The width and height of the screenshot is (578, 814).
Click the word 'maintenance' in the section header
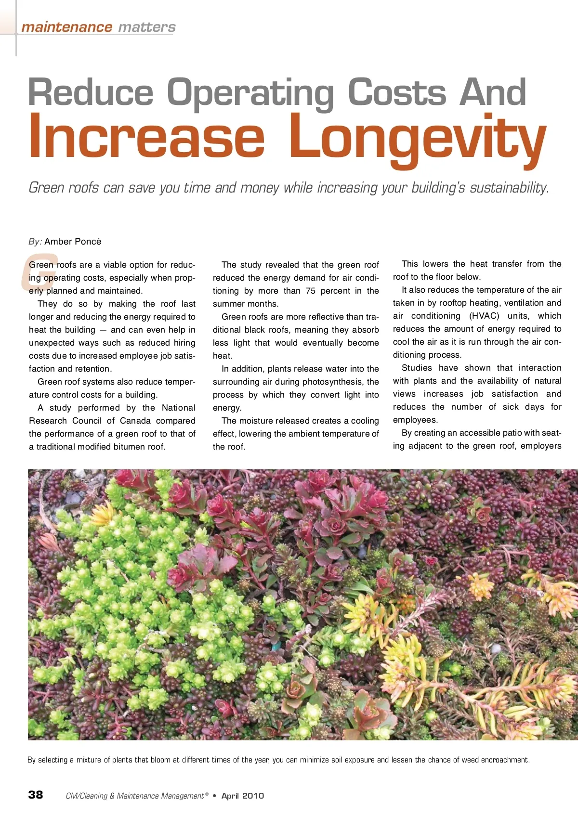click(66, 27)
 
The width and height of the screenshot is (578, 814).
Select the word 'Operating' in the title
click(250, 92)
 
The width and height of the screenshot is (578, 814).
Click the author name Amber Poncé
click(73, 242)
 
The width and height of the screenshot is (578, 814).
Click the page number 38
click(36, 794)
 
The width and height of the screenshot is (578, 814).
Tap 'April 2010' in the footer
click(242, 796)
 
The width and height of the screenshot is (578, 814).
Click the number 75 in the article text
click(310, 291)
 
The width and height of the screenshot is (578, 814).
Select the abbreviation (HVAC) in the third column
click(484, 316)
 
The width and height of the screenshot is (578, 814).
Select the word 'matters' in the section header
click(146, 27)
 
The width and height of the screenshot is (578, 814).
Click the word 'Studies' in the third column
click(417, 368)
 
